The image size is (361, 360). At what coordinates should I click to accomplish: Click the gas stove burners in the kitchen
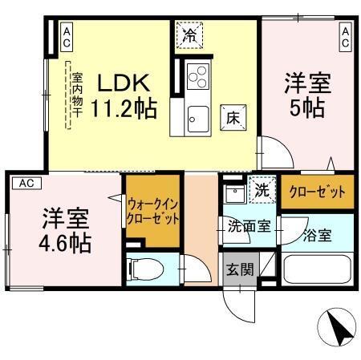click(197, 79)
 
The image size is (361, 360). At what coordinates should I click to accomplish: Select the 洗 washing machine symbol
click(262, 191)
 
